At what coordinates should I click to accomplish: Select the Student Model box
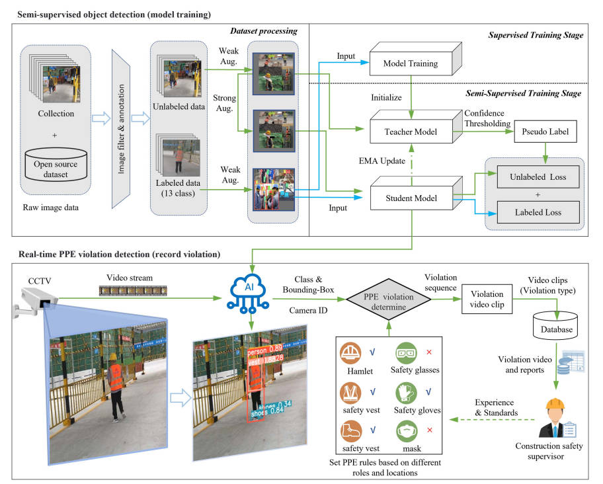pyautogui.click(x=411, y=196)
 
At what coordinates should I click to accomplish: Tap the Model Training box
pyautogui.click(x=411, y=65)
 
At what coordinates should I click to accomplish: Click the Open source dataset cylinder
pyautogui.click(x=56, y=169)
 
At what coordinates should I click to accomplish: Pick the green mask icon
pyautogui.click(x=405, y=433)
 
